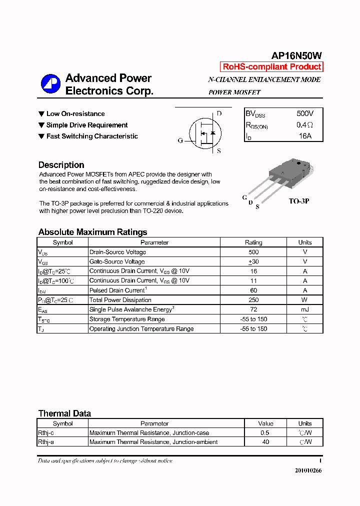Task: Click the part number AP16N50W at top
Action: coord(296,56)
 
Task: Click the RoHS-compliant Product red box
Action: coord(271,67)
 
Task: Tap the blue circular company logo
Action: coord(50,83)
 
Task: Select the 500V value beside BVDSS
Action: coord(305,114)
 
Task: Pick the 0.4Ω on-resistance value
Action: coord(305,125)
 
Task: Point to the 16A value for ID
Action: coord(305,136)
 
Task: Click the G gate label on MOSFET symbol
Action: coord(180,140)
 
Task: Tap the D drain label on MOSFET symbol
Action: coord(219,113)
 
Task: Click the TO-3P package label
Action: coord(299,201)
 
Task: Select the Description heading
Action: coord(61,165)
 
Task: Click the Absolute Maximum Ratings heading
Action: coord(92,232)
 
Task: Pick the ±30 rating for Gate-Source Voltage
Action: coord(253,261)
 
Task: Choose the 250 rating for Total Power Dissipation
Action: coord(253,300)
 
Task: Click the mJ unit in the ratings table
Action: coord(304,310)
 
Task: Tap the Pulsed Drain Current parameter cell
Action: coord(118,290)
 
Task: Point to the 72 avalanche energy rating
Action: coord(253,310)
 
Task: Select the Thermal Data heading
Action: coord(64,413)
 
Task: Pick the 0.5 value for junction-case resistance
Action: coord(265,433)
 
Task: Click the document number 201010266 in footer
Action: coord(308,470)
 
